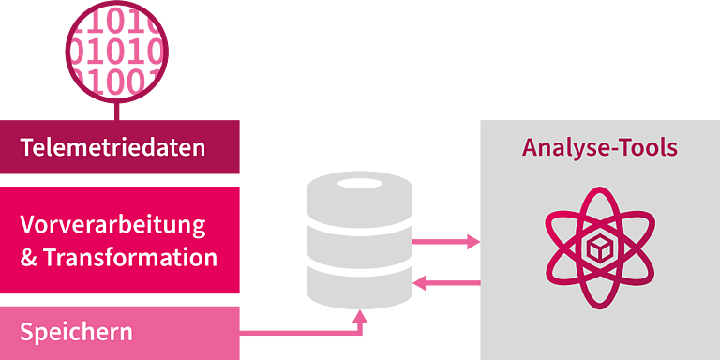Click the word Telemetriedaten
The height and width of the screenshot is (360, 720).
(x=112, y=148)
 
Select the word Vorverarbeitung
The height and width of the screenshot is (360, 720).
(x=112, y=226)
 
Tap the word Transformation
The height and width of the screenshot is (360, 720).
(x=130, y=258)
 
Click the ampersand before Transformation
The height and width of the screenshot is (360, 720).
(x=28, y=258)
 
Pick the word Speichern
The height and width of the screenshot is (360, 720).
(x=76, y=332)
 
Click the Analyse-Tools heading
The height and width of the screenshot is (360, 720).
(x=600, y=148)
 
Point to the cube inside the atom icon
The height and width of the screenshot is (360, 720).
(x=600, y=249)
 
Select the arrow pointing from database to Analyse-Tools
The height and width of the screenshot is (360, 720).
(x=446, y=242)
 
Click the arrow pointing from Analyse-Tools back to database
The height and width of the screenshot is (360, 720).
(x=446, y=283)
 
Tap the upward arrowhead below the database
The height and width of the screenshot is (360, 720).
(x=360, y=316)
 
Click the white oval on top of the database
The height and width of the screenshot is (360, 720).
(x=360, y=183)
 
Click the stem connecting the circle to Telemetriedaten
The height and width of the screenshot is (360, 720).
(x=116, y=112)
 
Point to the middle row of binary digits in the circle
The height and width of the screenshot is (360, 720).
(x=117, y=52)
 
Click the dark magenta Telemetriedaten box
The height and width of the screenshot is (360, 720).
(x=119, y=147)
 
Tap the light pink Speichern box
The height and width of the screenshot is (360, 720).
(x=119, y=333)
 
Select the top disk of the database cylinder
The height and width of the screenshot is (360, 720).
(x=360, y=201)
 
